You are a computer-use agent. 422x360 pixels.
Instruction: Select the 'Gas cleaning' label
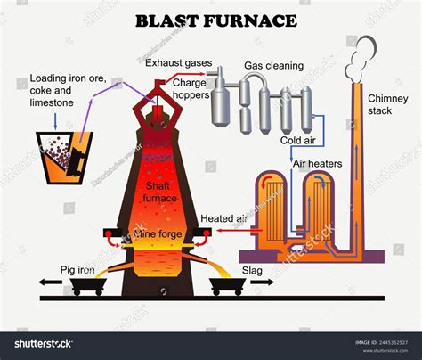tap(275, 66)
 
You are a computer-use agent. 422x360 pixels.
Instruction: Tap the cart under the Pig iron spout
tap(89, 283)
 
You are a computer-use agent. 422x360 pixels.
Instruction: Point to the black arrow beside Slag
tap(264, 282)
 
